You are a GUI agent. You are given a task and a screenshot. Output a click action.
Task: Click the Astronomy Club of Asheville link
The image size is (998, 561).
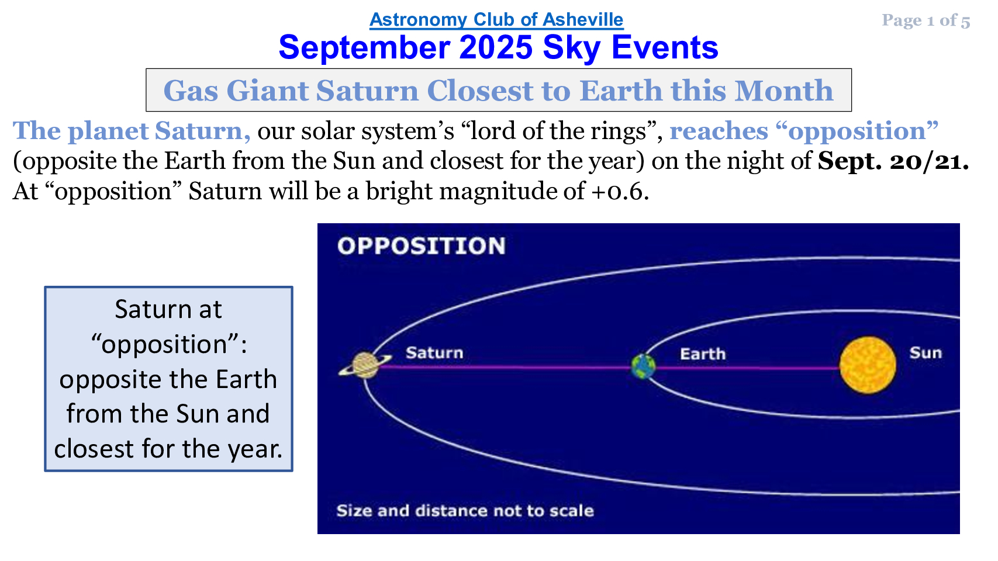pos(496,20)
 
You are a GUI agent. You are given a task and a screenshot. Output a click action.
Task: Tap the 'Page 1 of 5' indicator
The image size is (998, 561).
pos(926,20)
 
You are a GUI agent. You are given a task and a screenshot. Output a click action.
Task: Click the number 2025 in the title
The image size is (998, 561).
pos(495,47)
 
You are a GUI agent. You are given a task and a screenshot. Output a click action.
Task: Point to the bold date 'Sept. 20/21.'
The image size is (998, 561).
pos(893,161)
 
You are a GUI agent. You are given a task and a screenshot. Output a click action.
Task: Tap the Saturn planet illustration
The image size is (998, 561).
pos(365,365)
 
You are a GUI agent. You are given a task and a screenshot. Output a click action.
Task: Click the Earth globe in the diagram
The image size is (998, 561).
pos(643,366)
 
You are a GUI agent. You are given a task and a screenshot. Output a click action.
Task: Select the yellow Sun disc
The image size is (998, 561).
pos(868,365)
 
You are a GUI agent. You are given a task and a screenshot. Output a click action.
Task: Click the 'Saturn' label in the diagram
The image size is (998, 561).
pos(434,353)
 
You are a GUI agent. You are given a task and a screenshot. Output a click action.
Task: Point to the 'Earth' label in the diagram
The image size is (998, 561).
pos(703,354)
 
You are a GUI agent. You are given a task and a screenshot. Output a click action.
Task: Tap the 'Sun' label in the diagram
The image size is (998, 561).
pos(926,353)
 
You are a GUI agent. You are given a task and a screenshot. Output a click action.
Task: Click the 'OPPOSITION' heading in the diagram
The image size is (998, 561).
pos(422,246)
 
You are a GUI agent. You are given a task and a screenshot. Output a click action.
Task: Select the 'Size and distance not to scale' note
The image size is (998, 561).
pos(465,511)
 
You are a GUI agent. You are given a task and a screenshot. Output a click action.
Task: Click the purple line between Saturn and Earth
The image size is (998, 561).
pos(505,368)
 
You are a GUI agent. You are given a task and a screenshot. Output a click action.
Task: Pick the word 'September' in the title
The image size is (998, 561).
pos(364,48)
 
